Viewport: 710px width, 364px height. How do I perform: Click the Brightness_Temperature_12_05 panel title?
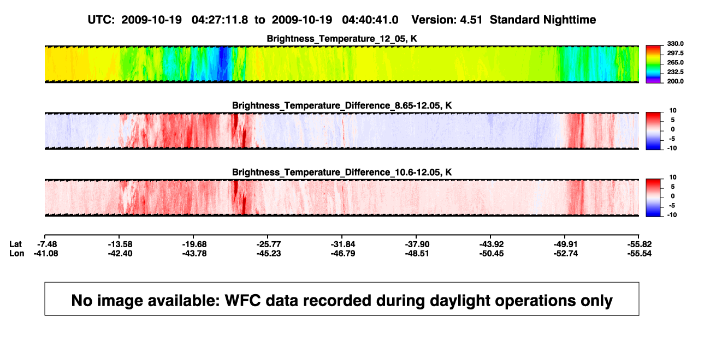tap(342, 39)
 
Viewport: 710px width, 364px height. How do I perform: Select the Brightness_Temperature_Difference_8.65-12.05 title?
tap(342, 105)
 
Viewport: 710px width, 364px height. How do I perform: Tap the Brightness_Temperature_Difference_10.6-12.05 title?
tap(342, 172)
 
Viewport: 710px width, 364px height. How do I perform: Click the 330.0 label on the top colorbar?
tap(675, 44)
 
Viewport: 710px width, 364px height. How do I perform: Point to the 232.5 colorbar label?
tap(675, 72)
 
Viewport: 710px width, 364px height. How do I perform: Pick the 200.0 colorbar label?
tap(675, 81)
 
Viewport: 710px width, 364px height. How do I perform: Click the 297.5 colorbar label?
tap(675, 53)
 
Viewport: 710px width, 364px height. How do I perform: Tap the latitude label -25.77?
tap(269, 244)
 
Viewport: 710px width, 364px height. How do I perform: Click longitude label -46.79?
tap(343, 254)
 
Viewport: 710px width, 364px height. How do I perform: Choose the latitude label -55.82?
tap(640, 244)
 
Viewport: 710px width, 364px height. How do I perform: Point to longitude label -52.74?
tap(566, 254)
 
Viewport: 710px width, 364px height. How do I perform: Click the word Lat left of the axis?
tap(15, 244)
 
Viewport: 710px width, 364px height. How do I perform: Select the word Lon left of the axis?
tap(16, 254)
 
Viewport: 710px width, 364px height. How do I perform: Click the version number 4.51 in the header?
tap(471, 20)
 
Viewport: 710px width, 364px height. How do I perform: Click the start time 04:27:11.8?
tap(220, 20)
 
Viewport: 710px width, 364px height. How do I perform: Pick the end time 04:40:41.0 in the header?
tap(370, 20)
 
